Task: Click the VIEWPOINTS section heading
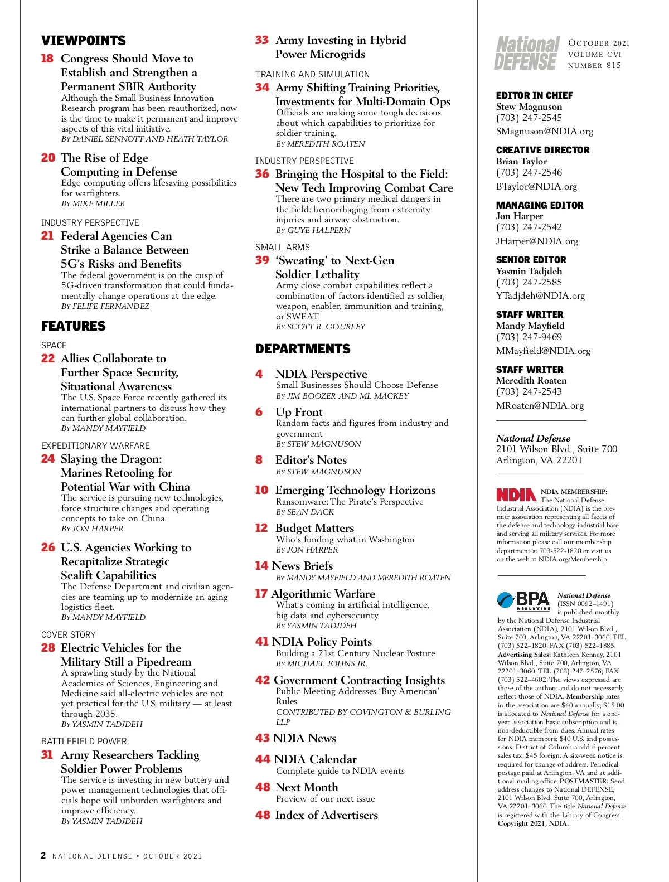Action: (x=84, y=41)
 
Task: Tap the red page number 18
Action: (x=47, y=59)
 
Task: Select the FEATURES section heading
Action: (x=74, y=326)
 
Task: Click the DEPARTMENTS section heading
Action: (x=303, y=349)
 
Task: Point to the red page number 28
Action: (x=48, y=648)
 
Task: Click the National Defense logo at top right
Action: (x=527, y=54)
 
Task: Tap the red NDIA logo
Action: (x=516, y=495)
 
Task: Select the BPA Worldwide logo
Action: (x=523, y=600)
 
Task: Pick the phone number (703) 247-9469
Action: (x=529, y=337)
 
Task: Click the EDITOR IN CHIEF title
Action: (x=535, y=95)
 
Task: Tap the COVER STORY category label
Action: (x=69, y=634)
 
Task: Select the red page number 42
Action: (x=263, y=680)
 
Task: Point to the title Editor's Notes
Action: (x=311, y=460)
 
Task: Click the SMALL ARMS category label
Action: (x=283, y=247)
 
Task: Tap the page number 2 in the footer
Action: (x=43, y=855)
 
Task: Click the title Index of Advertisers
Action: (x=327, y=815)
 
